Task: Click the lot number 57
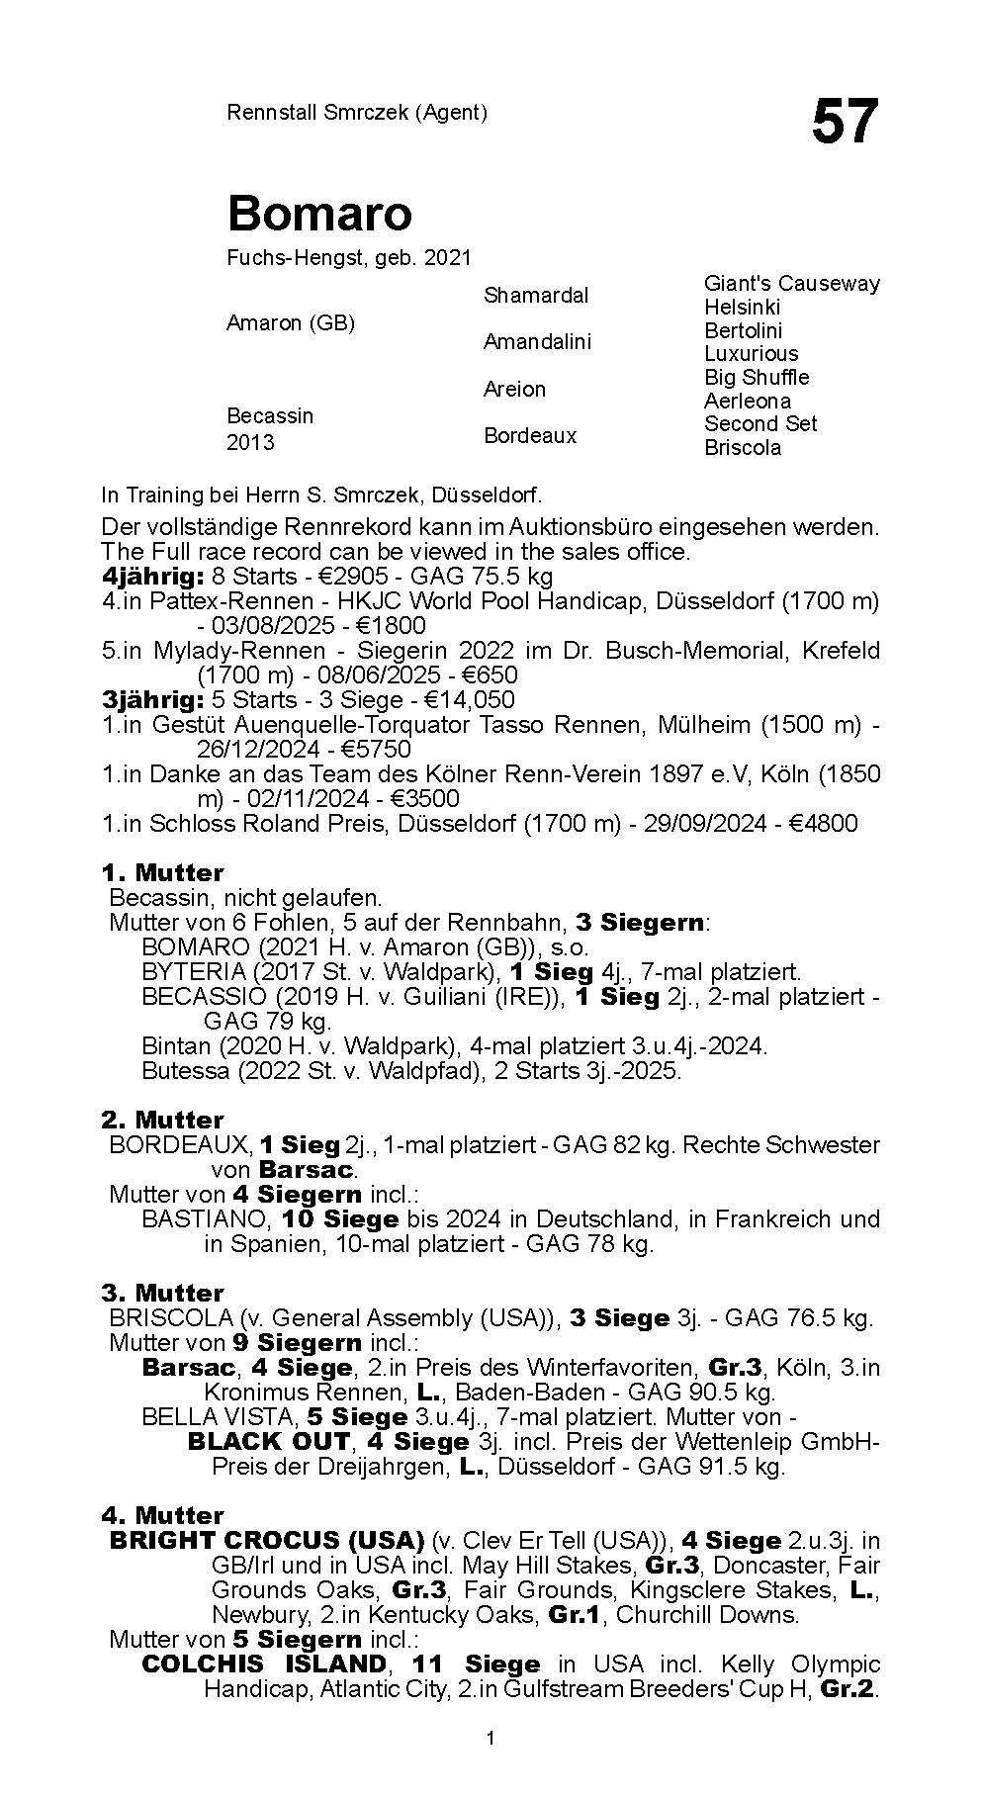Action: coord(844,122)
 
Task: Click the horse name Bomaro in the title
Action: coord(319,213)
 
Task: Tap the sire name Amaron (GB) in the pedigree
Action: coord(290,323)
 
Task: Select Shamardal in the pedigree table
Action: coord(535,295)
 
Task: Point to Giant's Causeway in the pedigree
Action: coord(791,284)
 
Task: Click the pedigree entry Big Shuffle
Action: coord(756,378)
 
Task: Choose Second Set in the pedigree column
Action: coord(759,423)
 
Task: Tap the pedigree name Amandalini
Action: coord(537,342)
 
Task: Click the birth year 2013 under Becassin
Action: coord(250,442)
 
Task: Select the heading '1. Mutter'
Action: coord(162,873)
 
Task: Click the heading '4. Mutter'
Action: coord(162,1515)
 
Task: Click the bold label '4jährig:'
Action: coord(152,577)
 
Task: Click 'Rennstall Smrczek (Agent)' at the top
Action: coord(357,113)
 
